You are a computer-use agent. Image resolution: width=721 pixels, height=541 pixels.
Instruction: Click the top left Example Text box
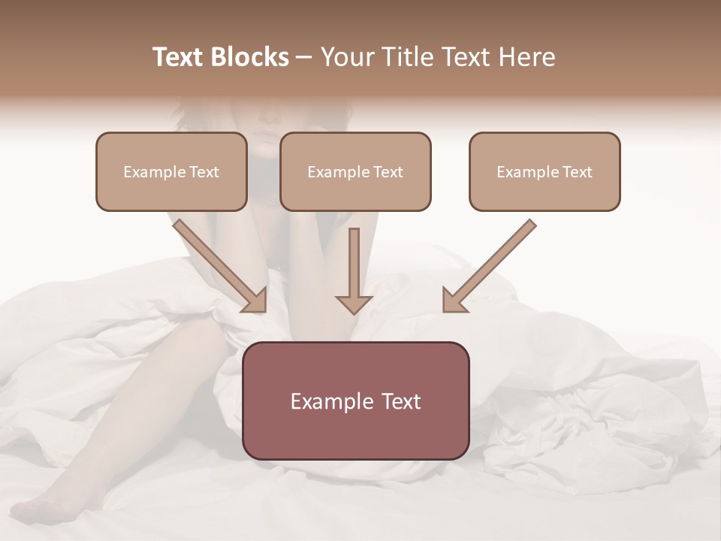click(171, 171)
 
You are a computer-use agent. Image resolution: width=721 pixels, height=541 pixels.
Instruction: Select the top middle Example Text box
click(355, 171)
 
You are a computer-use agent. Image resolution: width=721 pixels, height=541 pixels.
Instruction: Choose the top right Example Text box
click(545, 171)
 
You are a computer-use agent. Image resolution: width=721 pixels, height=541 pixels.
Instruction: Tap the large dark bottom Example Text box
click(355, 400)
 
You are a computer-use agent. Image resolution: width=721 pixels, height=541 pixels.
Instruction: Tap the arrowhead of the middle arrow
click(354, 304)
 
